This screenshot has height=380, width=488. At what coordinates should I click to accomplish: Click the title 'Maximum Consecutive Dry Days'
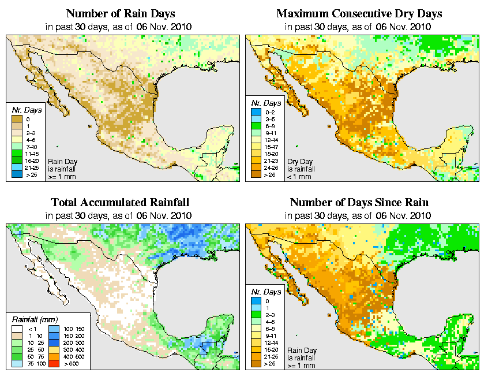359,13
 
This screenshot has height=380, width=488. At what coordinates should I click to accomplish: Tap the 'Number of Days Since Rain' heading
359,203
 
